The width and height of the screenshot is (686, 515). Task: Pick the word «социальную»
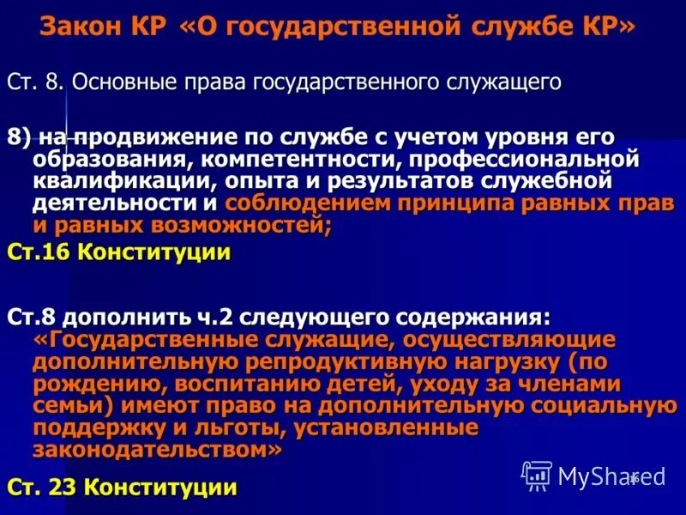pyautogui.click(x=591, y=405)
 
